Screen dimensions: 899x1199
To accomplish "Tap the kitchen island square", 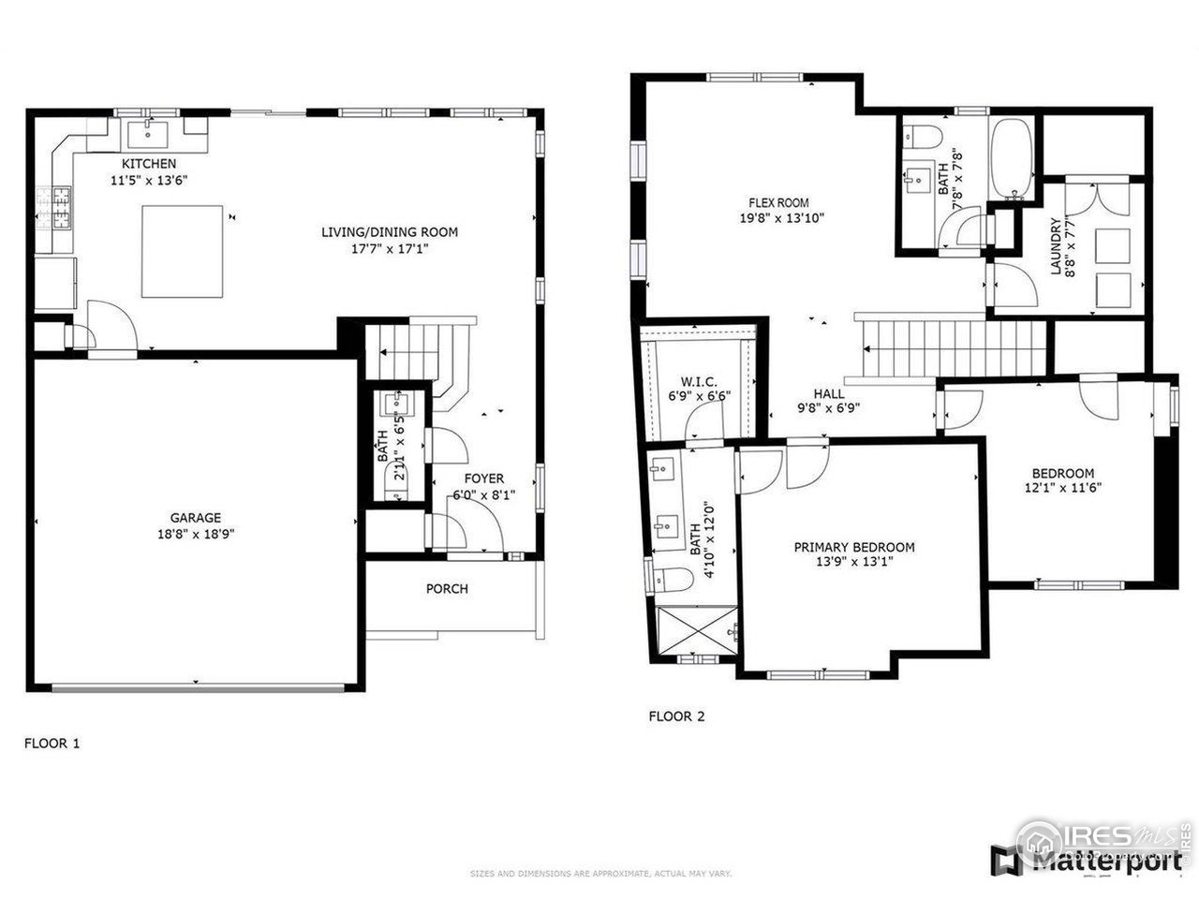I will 183,250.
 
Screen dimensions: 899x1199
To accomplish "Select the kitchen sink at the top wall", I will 149,134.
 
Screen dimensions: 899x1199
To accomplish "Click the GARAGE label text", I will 195,517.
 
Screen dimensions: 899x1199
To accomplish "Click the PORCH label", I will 447,589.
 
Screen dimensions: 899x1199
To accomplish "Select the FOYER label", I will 484,478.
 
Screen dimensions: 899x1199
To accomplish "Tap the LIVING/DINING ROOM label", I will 390,232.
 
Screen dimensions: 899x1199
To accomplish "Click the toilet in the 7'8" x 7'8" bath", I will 922,137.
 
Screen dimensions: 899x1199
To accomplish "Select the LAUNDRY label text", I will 1056,247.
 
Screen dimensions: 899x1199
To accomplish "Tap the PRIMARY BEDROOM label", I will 854,547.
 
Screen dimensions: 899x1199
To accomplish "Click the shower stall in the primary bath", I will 694,631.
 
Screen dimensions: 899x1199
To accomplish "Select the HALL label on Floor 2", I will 828,394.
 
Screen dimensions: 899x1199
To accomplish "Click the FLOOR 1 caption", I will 52,744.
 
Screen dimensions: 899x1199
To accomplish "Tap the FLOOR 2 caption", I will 676,717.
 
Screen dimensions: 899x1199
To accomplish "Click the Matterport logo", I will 1087,859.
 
